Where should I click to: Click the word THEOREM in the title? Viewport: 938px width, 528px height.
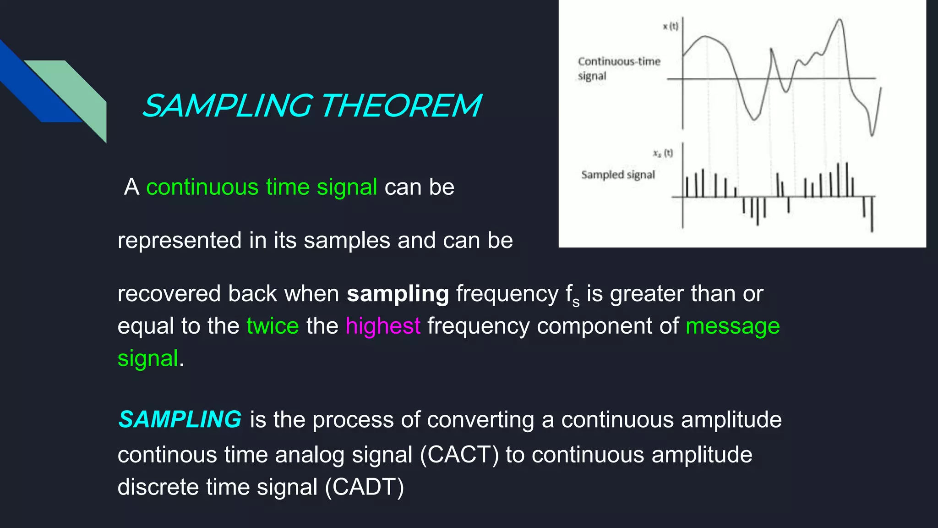coord(401,106)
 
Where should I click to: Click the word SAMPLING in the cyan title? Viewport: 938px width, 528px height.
coord(228,106)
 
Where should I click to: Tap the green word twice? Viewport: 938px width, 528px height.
coord(273,326)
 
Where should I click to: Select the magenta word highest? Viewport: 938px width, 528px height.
coord(382,326)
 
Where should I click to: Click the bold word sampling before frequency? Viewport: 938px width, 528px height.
coord(398,294)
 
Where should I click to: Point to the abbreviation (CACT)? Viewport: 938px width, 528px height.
coord(459,455)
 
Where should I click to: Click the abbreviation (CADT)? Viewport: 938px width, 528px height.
coord(365,487)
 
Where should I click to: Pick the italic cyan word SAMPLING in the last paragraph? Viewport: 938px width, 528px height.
coord(180,419)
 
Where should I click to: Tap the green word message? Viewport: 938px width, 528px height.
coord(732,326)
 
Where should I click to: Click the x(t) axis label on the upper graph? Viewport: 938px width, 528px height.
coord(671,27)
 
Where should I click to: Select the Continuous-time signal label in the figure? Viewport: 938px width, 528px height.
coord(618,68)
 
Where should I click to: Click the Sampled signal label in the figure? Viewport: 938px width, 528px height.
coord(618,175)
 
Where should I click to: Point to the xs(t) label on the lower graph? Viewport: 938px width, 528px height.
coord(663,153)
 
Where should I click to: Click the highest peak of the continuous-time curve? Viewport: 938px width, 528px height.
coord(840,20)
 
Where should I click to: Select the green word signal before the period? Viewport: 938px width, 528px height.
coord(147,358)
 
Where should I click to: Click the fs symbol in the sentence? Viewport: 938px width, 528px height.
coord(573,295)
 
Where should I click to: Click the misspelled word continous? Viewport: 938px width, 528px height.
coord(167,455)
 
